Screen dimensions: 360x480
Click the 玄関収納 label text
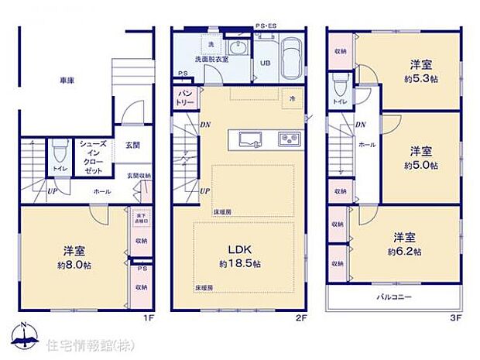click(139, 176)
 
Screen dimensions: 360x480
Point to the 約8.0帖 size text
click(74, 264)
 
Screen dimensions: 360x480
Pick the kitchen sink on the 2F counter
click(249, 139)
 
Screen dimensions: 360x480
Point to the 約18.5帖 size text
click(240, 264)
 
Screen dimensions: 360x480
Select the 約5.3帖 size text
click(420, 80)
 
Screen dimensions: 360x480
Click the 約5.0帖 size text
click(420, 166)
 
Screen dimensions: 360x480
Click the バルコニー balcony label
click(394, 297)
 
